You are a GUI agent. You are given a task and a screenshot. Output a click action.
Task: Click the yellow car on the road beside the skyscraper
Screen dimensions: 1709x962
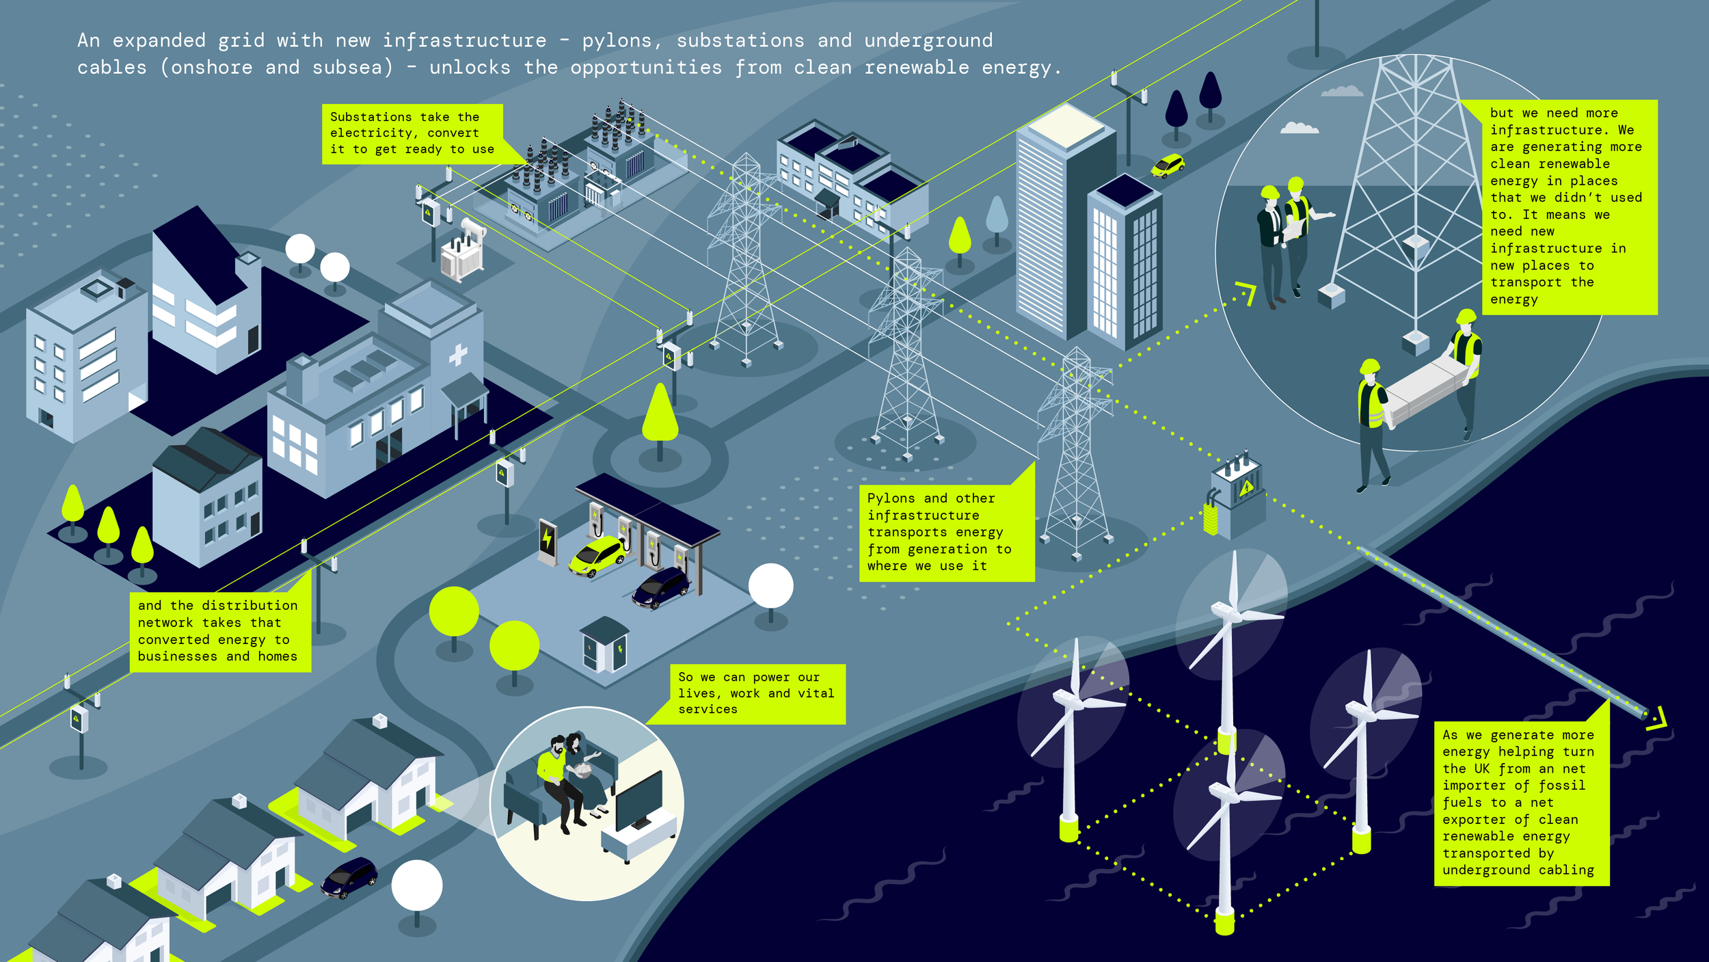coord(1168,165)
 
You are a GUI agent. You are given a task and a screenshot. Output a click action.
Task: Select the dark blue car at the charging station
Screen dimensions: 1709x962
coord(661,587)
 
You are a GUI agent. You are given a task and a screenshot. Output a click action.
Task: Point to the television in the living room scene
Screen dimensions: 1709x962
coord(638,799)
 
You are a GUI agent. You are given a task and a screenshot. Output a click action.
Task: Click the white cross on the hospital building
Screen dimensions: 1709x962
coord(458,354)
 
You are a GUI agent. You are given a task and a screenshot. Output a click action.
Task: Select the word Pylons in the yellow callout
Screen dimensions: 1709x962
coord(891,498)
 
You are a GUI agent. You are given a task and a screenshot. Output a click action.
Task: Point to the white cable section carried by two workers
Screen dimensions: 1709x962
coord(1429,386)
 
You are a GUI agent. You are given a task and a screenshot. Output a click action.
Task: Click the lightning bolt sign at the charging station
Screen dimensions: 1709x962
coord(547,539)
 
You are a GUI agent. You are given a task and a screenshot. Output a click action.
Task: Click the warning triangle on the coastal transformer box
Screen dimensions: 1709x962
coord(1246,487)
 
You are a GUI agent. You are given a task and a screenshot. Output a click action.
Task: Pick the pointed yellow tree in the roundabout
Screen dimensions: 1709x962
coord(660,414)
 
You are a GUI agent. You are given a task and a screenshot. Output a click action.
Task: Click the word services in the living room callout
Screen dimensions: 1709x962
coord(708,710)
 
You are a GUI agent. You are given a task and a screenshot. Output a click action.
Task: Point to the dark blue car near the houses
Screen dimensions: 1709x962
coord(349,877)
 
